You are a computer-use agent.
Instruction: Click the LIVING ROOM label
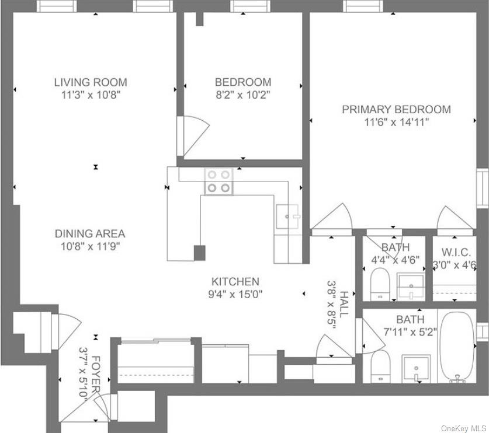(91, 82)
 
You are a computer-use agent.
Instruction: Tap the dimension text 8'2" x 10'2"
(242, 95)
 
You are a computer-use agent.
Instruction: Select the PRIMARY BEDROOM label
(396, 109)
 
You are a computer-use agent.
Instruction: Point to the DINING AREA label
(90, 233)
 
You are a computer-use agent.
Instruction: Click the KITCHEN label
(235, 281)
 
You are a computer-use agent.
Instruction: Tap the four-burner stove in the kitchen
(218, 181)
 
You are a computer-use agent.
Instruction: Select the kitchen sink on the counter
(287, 218)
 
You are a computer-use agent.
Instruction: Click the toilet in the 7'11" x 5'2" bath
(380, 366)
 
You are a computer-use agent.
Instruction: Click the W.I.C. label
(456, 252)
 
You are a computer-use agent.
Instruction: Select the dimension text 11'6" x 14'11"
(396, 122)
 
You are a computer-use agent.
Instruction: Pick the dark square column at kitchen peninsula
(200, 253)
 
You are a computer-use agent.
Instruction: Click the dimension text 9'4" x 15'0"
(235, 294)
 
